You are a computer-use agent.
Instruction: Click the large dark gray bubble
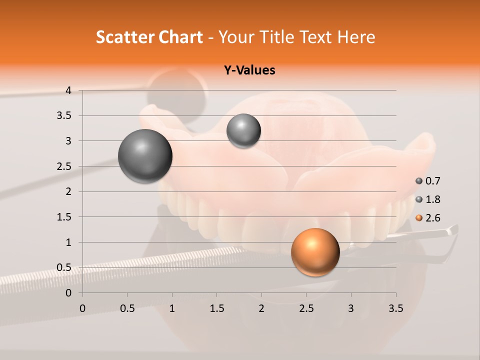pos(145,156)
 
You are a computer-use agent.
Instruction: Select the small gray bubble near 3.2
pos(243,131)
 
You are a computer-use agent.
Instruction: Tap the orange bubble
pos(315,252)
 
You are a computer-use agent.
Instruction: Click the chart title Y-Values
pos(249,70)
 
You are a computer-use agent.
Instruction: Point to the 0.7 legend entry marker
pos(419,181)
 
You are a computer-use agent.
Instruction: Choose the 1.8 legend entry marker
pos(419,199)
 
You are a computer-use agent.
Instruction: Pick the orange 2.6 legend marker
pos(419,218)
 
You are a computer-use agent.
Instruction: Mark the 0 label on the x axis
pos(82,308)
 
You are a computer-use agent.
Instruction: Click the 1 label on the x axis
pos(172,308)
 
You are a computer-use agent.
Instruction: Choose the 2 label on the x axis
pos(261,308)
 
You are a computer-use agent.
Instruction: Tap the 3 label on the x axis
pos(351,308)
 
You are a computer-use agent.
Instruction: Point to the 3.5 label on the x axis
pos(395,308)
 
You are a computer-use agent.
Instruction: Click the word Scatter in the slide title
pos(124,37)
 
